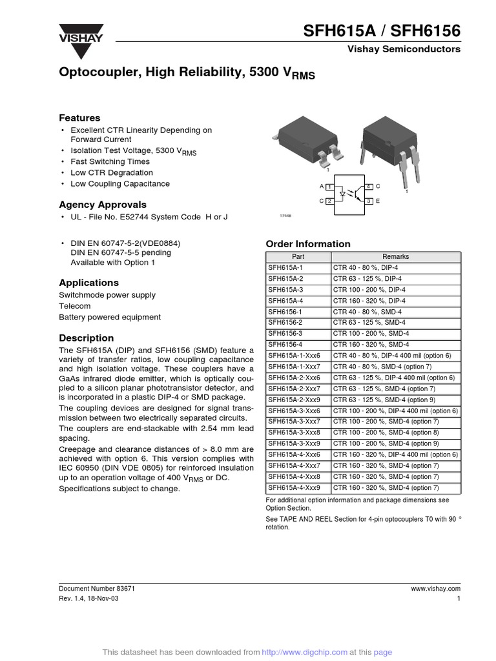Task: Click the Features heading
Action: pyautogui.click(x=79, y=118)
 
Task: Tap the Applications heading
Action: pyautogui.click(x=88, y=283)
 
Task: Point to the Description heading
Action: pyautogui.click(x=86, y=338)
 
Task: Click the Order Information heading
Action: pyautogui.click(x=308, y=244)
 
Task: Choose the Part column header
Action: pyautogui.click(x=298, y=257)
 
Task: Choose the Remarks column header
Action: pyautogui.click(x=395, y=257)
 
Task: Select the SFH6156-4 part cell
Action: pyautogui.click(x=285, y=345)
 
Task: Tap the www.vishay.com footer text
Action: pyautogui.click(x=435, y=589)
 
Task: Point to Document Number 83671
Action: pyautogui.click(x=97, y=589)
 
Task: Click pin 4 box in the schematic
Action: pyautogui.click(x=368, y=187)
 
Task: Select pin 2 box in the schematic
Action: pyautogui.click(x=329, y=201)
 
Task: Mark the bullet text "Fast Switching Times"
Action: pyautogui.click(x=110, y=161)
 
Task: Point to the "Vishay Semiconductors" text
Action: pyautogui.click(x=404, y=49)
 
